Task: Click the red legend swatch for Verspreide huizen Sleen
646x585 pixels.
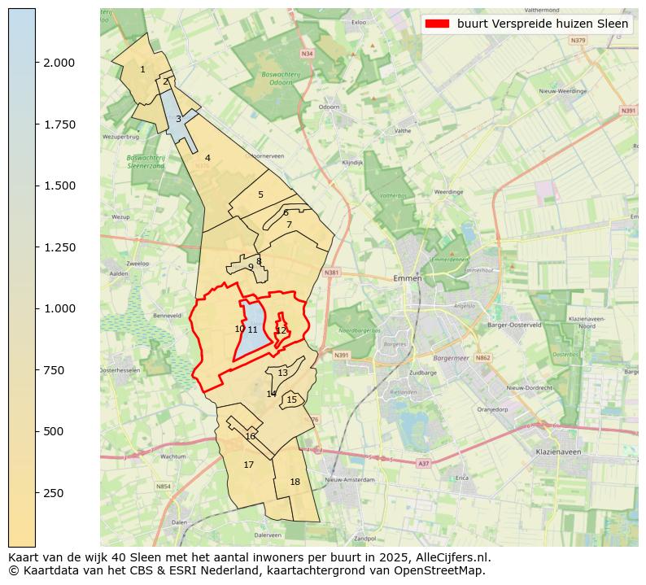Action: pos(437,24)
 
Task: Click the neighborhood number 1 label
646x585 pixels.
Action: pos(142,69)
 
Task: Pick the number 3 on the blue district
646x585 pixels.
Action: pos(178,119)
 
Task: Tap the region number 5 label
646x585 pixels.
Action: pos(260,194)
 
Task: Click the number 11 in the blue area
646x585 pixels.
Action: pos(253,330)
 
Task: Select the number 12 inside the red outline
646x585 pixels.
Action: pos(282,330)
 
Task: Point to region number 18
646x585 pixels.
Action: pos(295,482)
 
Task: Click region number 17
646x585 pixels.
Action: pos(249,465)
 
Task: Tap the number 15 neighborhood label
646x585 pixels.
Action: pos(291,399)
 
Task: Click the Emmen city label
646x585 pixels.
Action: pos(407,278)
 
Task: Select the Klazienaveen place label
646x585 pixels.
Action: pos(557,451)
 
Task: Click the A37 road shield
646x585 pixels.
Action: pos(423,463)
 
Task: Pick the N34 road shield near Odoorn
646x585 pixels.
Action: pos(306,54)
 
